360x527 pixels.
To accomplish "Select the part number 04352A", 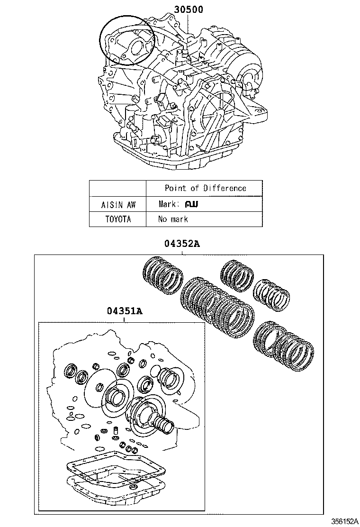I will tap(182, 244).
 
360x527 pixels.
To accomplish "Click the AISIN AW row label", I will tap(118, 204).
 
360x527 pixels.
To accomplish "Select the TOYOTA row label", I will tap(118, 219).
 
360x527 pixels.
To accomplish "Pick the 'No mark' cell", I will tap(173, 219).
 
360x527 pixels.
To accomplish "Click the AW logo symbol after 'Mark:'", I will tap(191, 204).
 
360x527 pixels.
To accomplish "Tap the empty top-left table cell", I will tap(118, 188).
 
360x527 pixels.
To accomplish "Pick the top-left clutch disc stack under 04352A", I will tap(163, 274).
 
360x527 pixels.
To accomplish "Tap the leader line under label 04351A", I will tap(124, 319).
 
